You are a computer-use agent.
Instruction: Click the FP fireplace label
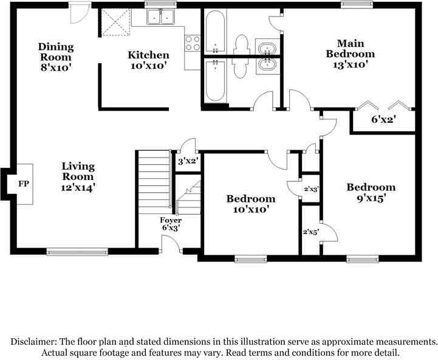click(24, 184)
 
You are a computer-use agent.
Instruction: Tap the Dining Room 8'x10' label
click(56, 57)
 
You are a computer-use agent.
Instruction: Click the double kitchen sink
click(160, 17)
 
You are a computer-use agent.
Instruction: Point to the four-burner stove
click(193, 43)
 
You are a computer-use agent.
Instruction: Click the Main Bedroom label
click(351, 49)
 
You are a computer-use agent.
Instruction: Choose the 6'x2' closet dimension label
click(383, 119)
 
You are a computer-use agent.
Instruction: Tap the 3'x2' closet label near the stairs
click(188, 161)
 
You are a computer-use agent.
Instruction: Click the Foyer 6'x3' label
click(171, 224)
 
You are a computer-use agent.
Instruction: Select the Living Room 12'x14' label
click(78, 177)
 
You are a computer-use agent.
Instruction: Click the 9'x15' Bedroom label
click(371, 193)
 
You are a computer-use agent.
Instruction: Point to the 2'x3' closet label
click(311, 189)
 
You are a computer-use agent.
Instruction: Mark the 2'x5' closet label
click(310, 232)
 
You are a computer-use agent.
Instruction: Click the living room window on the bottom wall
click(77, 252)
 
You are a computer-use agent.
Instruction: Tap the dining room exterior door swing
click(80, 13)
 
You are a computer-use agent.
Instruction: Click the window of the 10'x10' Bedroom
click(250, 259)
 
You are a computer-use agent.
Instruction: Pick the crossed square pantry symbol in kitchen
click(116, 22)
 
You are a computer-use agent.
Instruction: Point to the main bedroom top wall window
click(357, 5)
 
